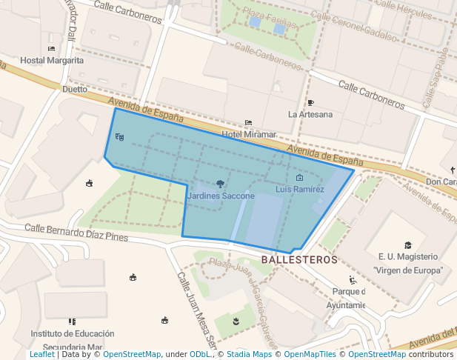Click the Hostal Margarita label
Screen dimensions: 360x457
(x=52, y=61)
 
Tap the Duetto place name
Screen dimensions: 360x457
(x=74, y=89)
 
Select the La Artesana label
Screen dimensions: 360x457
(x=310, y=114)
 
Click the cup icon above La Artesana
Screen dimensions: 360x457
(x=310, y=103)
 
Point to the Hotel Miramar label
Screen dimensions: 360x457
(x=249, y=135)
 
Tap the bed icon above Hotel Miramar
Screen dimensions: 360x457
(x=249, y=123)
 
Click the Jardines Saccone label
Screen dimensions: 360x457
(x=221, y=196)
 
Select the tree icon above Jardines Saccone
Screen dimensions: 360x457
(x=220, y=184)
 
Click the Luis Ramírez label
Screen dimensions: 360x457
(x=300, y=190)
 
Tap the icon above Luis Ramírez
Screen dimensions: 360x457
(x=299, y=179)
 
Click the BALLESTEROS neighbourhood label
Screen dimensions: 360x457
(x=300, y=260)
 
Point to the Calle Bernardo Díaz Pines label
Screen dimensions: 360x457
(x=76, y=233)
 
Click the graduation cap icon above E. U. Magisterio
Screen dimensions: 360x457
(x=408, y=245)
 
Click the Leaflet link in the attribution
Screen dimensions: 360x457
(x=41, y=355)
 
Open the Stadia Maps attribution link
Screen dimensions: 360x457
(x=248, y=355)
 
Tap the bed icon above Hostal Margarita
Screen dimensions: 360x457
(x=51, y=49)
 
